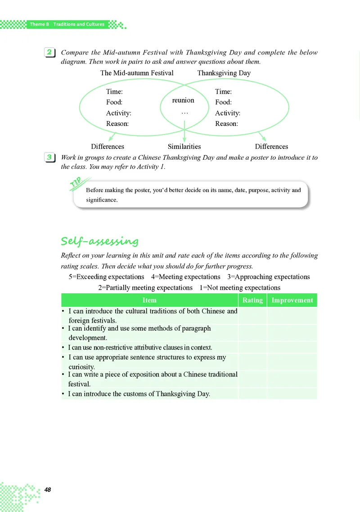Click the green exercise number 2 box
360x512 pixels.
[49, 53]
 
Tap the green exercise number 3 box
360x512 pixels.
[49, 157]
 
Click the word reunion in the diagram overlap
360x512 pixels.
[183, 100]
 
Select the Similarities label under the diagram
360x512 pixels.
[184, 146]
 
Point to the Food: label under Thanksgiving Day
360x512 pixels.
[223, 103]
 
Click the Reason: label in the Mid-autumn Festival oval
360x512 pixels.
[117, 124]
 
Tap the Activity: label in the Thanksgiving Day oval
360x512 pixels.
[227, 113]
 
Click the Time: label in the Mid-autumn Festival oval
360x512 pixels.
[114, 92]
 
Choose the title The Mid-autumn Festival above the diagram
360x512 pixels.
[137, 73]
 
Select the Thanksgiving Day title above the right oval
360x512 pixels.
[224, 73]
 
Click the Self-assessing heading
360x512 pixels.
[99, 242]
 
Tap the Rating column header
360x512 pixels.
[252, 300]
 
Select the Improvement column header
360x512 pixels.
[292, 300]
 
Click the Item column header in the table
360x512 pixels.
[149, 300]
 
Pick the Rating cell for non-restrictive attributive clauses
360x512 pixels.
[252, 347]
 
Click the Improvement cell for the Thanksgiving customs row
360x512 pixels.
[292, 394]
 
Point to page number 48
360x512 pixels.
[47, 490]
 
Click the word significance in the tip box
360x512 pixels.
[101, 200]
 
